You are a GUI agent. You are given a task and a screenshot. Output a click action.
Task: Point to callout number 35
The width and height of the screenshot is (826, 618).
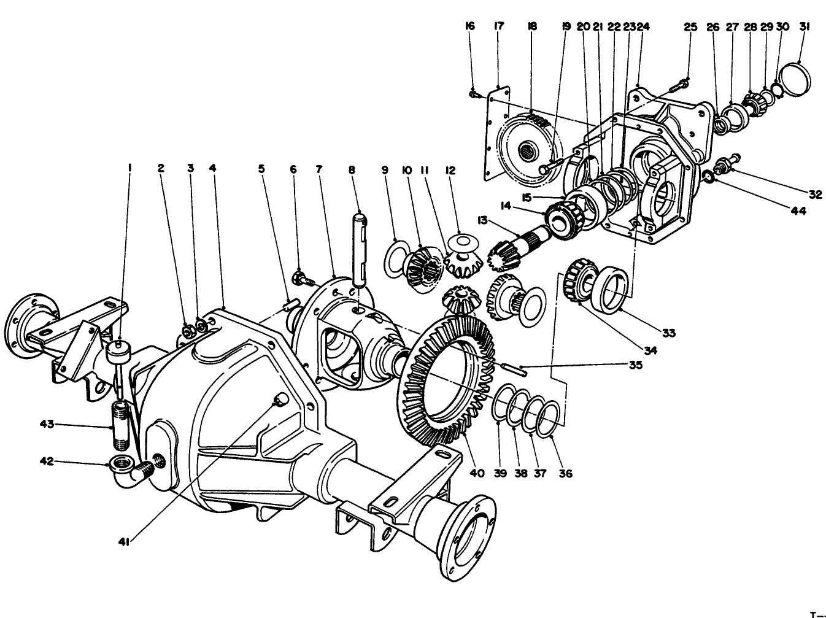click(635, 365)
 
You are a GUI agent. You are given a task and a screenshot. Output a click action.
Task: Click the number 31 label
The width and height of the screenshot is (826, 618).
click(805, 26)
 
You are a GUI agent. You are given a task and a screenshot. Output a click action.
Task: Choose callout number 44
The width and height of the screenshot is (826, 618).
click(814, 211)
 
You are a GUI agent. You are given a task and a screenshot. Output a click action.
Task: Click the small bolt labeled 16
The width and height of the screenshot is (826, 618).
click(473, 94)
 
